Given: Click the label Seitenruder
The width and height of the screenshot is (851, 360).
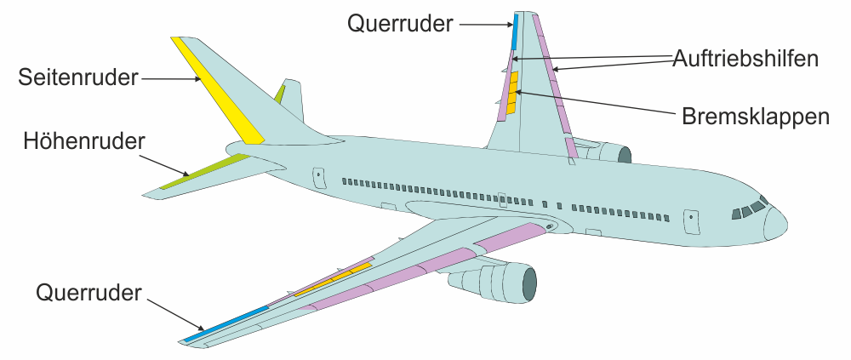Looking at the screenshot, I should pos(78,78).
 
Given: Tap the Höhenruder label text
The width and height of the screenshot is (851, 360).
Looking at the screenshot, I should pos(84,139).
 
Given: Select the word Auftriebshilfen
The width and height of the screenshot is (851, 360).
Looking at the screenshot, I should pos(745,59).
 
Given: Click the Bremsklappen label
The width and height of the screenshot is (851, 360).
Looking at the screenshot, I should pos(755,117).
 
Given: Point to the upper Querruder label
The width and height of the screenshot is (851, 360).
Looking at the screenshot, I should pos(400,23).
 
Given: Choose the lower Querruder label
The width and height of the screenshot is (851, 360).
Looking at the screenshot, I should pos(89,293).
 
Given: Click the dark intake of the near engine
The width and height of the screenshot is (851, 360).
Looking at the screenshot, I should pos(528,283).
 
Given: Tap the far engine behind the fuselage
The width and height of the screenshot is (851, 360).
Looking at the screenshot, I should pos(608,153).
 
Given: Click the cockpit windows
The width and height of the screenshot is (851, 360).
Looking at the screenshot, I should pos(747,209).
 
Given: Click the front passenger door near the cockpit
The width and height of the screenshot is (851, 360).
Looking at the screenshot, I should pos(692,220).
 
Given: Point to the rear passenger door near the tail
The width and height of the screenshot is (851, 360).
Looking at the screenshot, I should pos(319,176).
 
